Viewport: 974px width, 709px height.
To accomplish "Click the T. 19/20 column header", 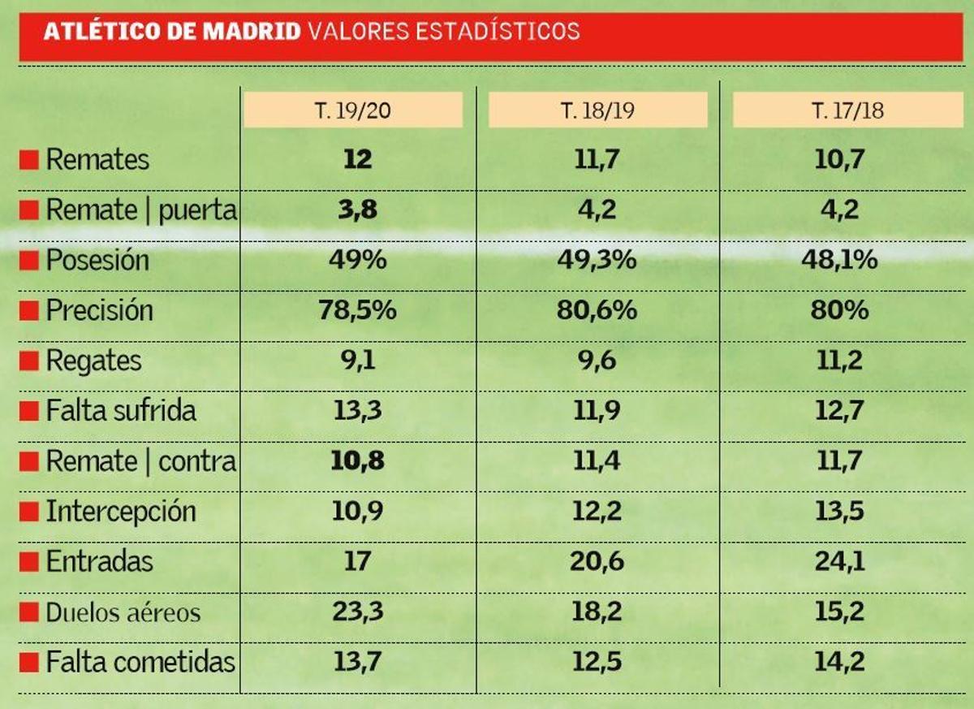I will click(x=352, y=110).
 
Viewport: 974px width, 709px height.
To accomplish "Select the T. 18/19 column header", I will click(x=597, y=110).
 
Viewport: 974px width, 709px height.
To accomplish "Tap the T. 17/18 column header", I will click(x=847, y=110).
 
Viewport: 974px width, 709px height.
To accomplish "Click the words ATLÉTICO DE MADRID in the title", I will click(x=172, y=32).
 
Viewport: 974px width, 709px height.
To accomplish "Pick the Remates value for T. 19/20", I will click(x=358, y=159).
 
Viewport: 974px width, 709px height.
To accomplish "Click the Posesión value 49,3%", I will click(x=597, y=260).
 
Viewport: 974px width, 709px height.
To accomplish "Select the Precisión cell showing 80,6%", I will click(x=597, y=310).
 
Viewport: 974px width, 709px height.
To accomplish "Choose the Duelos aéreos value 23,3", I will click(x=358, y=612).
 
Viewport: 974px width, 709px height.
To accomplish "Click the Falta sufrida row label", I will click(x=120, y=411).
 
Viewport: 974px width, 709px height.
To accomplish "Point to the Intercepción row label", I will click(x=120, y=512).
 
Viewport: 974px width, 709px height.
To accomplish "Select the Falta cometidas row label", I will click(x=140, y=662).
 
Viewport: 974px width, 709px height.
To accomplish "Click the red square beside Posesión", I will click(x=29, y=262).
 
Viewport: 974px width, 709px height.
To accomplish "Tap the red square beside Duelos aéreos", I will click(x=29, y=613).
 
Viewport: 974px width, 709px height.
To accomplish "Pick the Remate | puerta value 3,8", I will click(x=358, y=210).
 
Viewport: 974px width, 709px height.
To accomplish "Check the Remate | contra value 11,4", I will click(x=597, y=461).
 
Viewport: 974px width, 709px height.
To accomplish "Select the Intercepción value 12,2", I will click(x=597, y=512).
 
